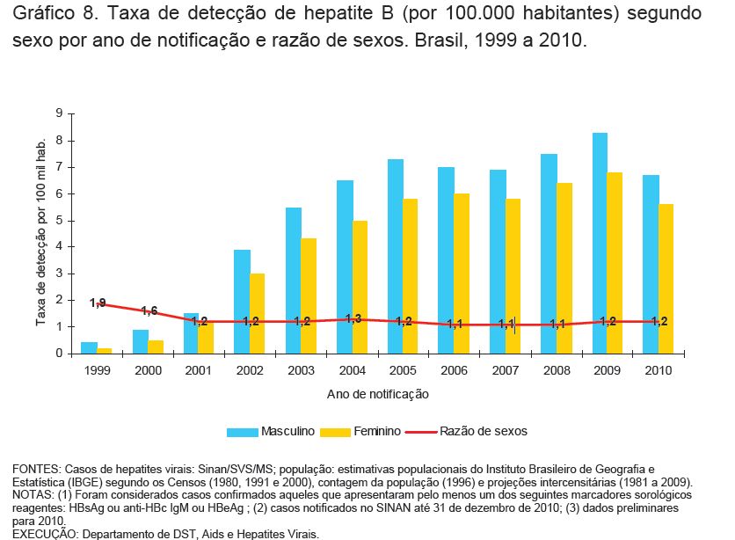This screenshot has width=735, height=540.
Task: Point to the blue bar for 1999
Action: tap(89, 347)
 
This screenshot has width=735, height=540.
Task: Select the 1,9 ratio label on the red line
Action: tap(98, 303)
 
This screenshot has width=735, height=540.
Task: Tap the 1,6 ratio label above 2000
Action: tap(148, 310)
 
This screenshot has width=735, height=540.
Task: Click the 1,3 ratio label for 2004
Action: tap(353, 318)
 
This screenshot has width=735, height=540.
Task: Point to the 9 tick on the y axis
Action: tap(58, 113)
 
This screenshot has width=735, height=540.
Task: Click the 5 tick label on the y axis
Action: tap(58, 220)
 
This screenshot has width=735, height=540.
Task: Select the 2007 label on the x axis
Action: tap(505, 370)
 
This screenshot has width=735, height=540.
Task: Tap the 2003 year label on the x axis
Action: tap(301, 370)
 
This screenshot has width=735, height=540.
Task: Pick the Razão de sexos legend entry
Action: tap(483, 432)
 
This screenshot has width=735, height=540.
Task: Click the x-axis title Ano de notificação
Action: tap(377, 394)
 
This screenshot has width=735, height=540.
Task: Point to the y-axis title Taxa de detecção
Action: tap(40, 233)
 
